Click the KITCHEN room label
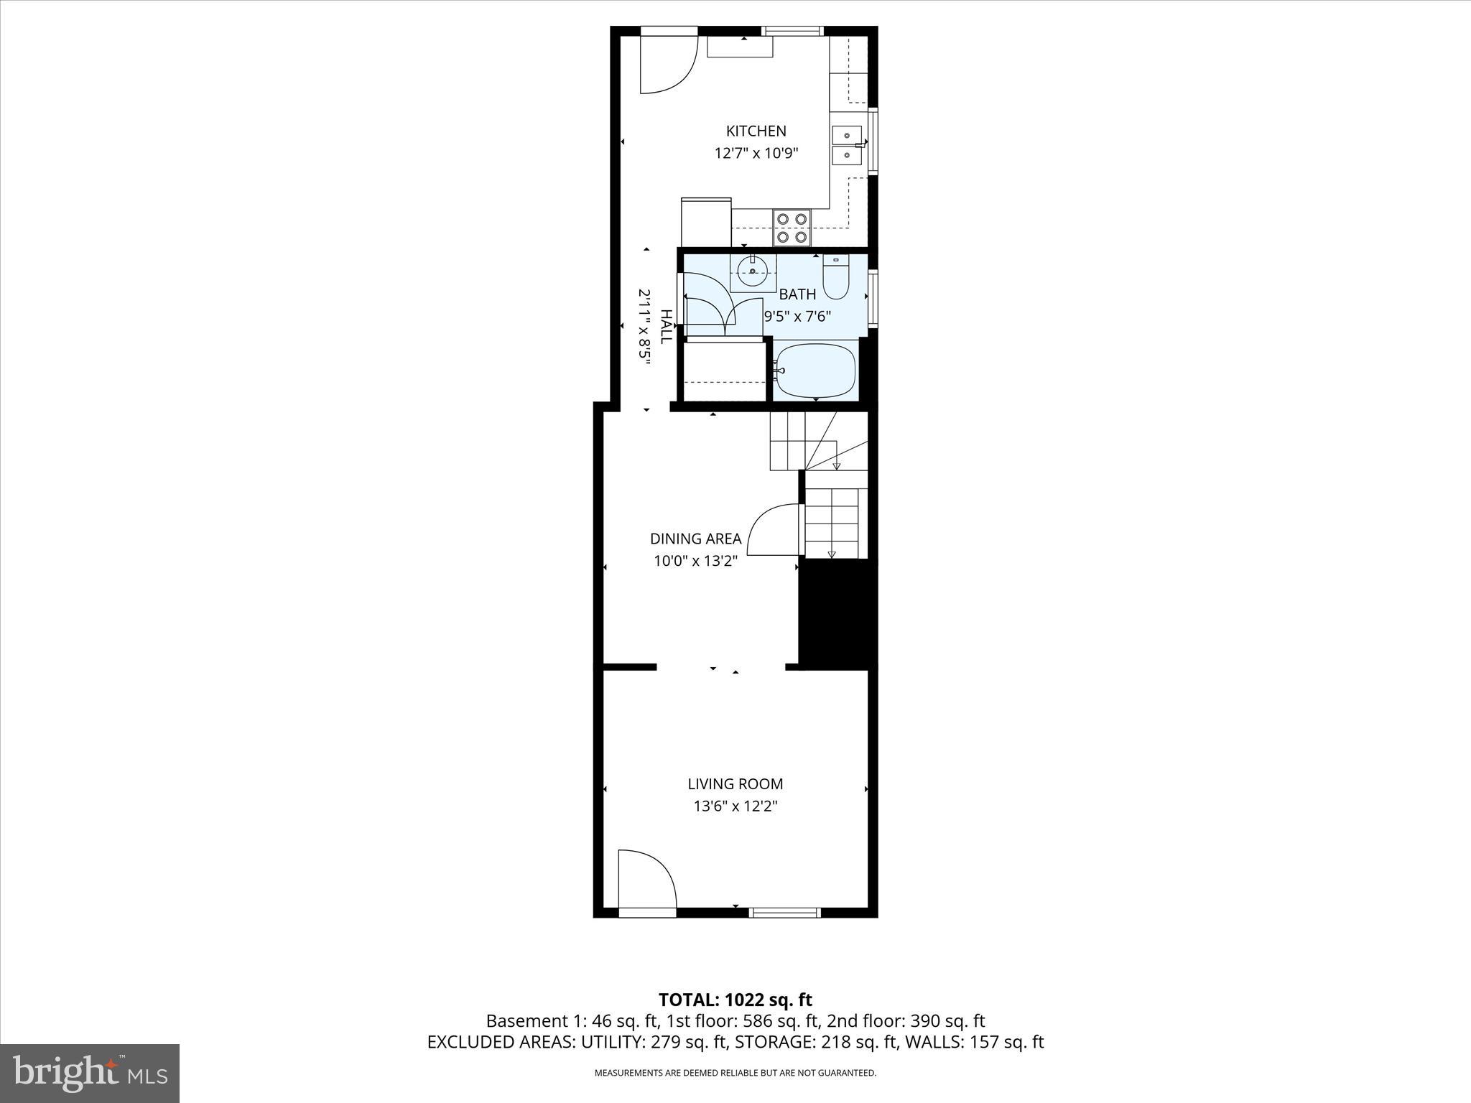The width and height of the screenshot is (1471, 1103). pos(756,131)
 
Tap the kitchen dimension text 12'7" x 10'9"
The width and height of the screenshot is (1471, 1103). pos(756,153)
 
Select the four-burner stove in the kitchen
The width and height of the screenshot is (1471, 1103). pos(792,227)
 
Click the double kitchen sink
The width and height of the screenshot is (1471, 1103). pos(848,145)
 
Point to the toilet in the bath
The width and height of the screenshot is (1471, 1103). pos(836,279)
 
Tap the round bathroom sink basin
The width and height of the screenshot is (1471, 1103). pos(752,271)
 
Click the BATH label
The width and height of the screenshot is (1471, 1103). pos(797,294)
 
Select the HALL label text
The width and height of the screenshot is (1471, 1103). pos(666,327)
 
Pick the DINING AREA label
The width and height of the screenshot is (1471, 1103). pos(695,539)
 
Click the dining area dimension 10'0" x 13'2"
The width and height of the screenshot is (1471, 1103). pos(695,561)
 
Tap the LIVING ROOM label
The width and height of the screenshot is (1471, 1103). pos(735,784)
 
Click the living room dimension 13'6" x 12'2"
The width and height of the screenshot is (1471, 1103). pos(735,806)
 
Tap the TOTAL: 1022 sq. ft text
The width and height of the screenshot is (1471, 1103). pos(735,1000)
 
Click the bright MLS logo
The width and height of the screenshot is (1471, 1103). pos(90,1073)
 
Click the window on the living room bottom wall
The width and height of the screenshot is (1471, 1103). pos(784,913)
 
